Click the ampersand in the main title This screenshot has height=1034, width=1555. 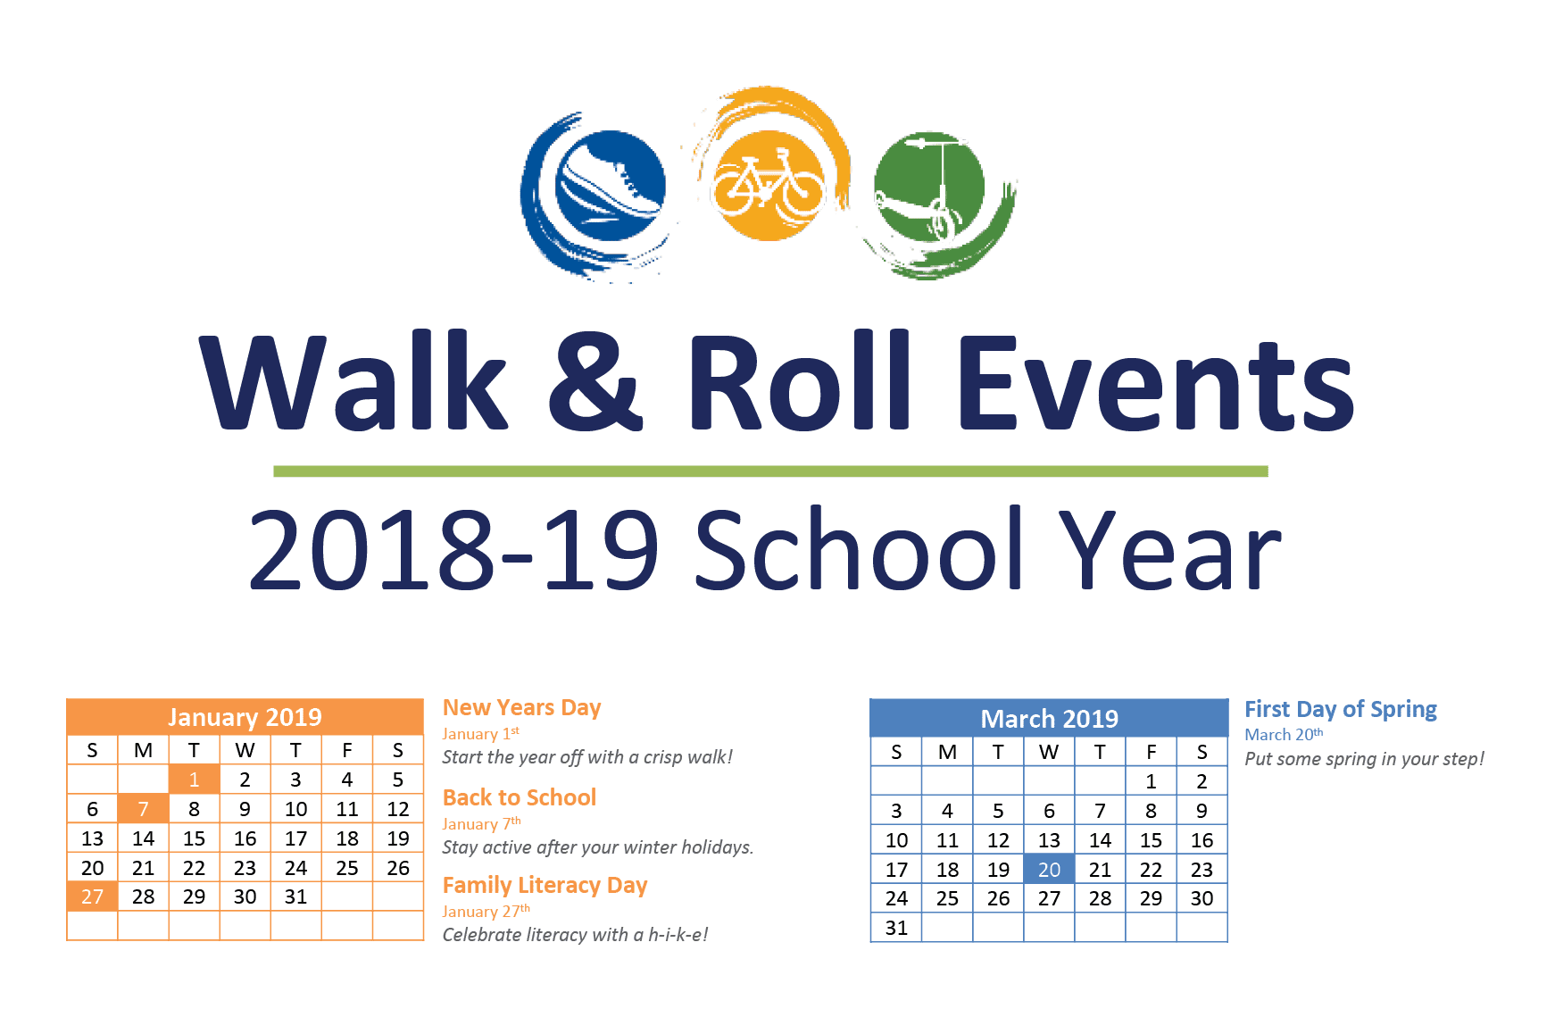594,382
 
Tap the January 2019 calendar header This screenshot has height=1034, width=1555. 245,717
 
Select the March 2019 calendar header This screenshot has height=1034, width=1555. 1049,719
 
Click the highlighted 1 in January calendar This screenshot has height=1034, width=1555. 194,780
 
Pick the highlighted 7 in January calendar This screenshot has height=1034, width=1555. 143,809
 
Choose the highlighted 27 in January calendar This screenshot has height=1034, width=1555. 92,896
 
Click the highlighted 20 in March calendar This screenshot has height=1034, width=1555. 1049,870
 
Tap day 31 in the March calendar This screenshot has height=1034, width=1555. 896,928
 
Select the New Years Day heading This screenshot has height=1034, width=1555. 521,708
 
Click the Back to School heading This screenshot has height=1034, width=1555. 519,797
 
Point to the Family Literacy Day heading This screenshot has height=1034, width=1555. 545,886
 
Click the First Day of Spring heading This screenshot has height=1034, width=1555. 1341,710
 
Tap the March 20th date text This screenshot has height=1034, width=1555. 1284,734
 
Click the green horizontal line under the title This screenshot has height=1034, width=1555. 770,471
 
